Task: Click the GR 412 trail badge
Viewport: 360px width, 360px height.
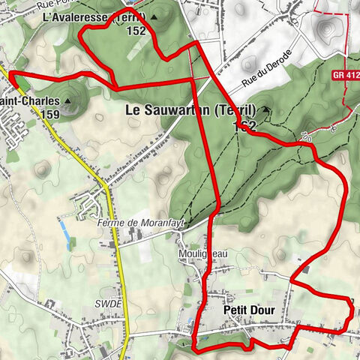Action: tap(345, 75)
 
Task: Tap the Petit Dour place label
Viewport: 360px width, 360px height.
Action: tap(249, 310)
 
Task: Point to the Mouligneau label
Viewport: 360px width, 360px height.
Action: tap(202, 255)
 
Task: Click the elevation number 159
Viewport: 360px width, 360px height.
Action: tap(51, 114)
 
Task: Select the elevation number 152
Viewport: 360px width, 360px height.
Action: tap(136, 31)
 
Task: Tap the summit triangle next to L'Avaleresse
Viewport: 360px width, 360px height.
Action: tap(155, 16)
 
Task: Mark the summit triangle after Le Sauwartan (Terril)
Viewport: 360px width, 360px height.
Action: tap(265, 111)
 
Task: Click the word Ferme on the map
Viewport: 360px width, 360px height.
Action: tap(109, 223)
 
